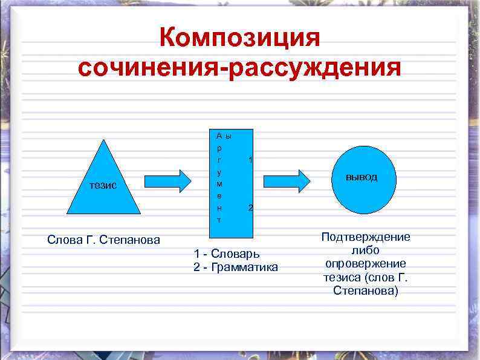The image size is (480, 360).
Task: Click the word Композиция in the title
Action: [239, 39]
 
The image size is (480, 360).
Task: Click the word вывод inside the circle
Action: [362, 177]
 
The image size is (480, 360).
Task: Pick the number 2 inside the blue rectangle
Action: [250, 208]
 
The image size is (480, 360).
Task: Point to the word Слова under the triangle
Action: [63, 240]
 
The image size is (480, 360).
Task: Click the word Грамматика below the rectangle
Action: [242, 267]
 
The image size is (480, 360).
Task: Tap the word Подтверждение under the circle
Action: [366, 237]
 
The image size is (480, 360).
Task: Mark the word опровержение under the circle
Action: [366, 264]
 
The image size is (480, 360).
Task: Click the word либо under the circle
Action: [365, 250]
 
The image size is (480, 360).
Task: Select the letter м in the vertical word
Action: [219, 183]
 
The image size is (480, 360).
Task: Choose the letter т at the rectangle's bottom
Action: [219, 220]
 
